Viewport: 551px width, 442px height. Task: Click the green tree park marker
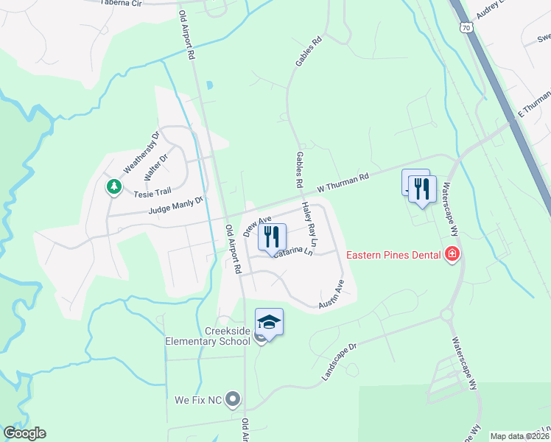click(113, 187)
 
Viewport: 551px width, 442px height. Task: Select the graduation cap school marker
click(269, 322)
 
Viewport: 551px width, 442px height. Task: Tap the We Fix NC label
click(198, 400)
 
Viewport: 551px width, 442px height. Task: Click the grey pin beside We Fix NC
click(234, 400)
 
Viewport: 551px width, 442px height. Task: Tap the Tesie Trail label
click(152, 194)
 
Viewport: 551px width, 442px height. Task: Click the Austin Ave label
click(331, 294)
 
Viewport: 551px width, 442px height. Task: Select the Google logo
click(24, 433)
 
